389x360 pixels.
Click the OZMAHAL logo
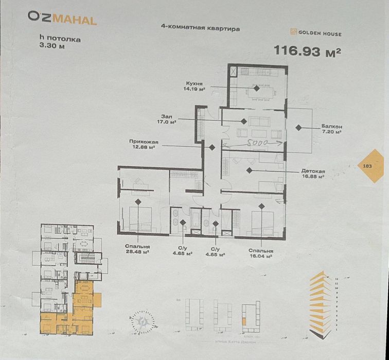pyautogui.click(x=62, y=20)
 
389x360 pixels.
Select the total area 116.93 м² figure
pyautogui.click(x=308, y=52)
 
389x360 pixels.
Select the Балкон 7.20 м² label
pyautogui.click(x=331, y=129)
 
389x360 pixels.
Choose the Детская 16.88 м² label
pyautogui.click(x=313, y=173)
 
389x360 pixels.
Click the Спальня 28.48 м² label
pyautogui.click(x=137, y=249)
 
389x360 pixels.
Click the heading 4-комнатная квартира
pyautogui.click(x=200, y=29)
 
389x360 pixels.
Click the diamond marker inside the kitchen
pyautogui.click(x=257, y=88)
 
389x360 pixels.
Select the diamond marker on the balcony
pyautogui.click(x=297, y=127)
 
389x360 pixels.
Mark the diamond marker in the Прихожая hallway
pyautogui.click(x=211, y=147)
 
